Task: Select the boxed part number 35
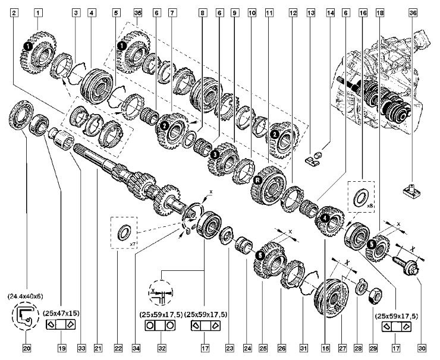click(x=138, y=11)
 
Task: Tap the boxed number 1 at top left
click(x=38, y=11)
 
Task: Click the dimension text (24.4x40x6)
click(x=26, y=295)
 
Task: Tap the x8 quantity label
click(x=369, y=206)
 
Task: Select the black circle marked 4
click(x=325, y=218)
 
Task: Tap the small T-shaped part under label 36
click(x=414, y=190)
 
